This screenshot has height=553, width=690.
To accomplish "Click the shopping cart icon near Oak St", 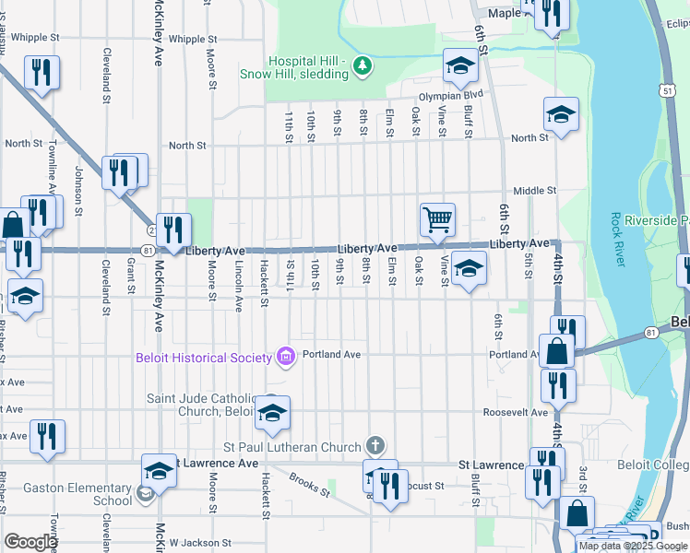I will coord(438,219).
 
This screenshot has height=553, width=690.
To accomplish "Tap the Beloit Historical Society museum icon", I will coord(286,357).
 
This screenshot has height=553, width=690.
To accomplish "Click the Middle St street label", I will coord(535,191).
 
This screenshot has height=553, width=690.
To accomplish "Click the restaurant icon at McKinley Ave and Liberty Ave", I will coord(173,229).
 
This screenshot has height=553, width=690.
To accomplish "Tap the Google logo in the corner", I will coord(30,542).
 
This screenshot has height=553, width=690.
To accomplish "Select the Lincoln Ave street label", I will coord(238,282).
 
